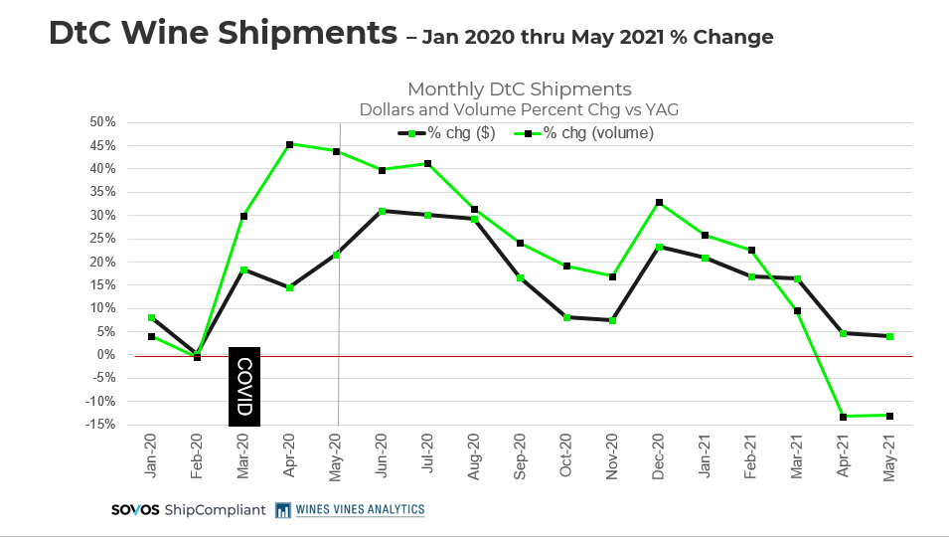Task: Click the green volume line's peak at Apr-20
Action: point(289,144)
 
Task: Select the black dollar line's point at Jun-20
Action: point(382,211)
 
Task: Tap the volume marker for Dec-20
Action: point(659,202)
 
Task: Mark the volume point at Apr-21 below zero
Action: point(843,417)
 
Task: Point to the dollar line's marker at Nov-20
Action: point(612,320)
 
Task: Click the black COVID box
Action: point(244,386)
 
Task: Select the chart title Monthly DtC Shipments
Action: point(519,89)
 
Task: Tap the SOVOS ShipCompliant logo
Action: point(188,510)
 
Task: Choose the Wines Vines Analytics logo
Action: point(350,510)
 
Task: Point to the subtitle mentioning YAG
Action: point(519,108)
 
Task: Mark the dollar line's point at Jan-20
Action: point(151,318)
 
